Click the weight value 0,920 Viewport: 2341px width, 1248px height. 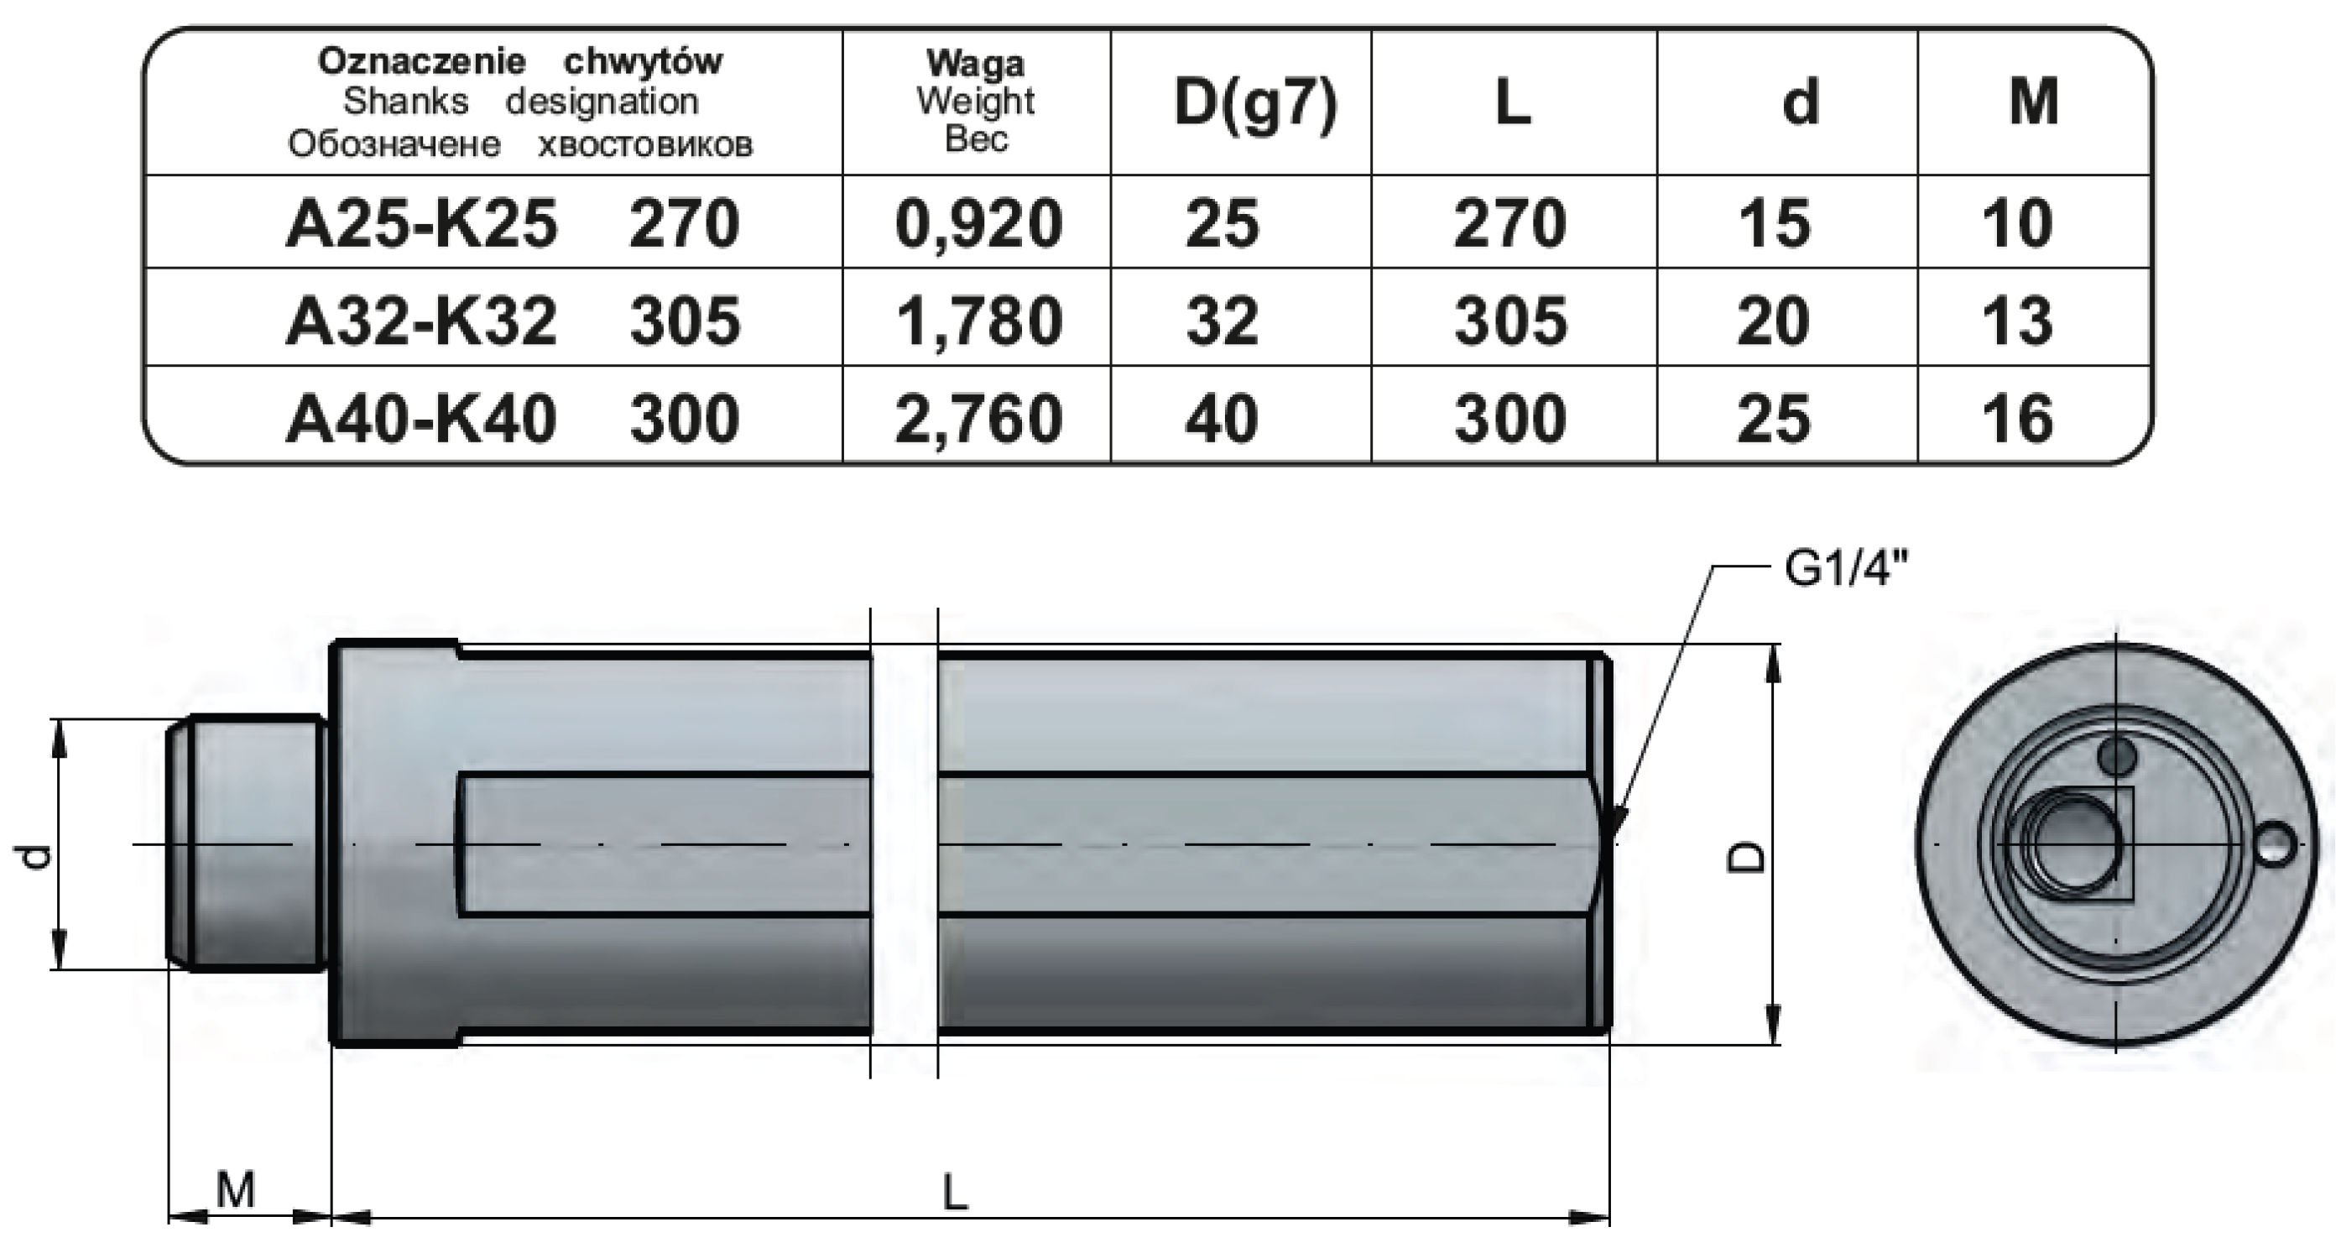[978, 223]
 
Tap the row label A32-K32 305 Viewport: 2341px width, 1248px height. [513, 321]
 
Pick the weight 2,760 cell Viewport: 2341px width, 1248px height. [978, 419]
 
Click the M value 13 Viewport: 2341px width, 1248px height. [2016, 321]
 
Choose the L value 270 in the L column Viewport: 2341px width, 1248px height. [1509, 223]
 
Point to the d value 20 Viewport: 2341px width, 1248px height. [1772, 321]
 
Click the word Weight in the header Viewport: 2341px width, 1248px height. [975, 101]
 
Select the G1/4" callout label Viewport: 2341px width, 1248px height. [1846, 571]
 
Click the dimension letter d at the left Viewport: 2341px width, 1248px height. [34, 856]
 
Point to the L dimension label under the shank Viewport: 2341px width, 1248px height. [954, 1192]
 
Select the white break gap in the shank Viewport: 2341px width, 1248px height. [905, 843]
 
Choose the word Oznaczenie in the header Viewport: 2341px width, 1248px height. [422, 62]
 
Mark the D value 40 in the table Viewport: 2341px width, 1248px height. [1221, 419]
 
